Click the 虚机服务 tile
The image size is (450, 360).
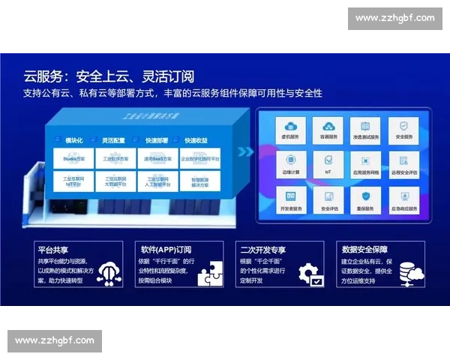(289, 130)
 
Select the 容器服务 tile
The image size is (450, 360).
(328, 130)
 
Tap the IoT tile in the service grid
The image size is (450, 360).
(328, 166)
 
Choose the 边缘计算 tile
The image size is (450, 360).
(289, 166)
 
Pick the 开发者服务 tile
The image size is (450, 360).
(289, 201)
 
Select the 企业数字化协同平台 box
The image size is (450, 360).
(199, 159)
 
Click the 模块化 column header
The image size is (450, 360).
(74, 140)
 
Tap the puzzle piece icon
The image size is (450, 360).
(209, 274)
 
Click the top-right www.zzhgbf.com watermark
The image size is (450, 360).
(395, 18)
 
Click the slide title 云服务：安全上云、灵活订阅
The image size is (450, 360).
(109, 76)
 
